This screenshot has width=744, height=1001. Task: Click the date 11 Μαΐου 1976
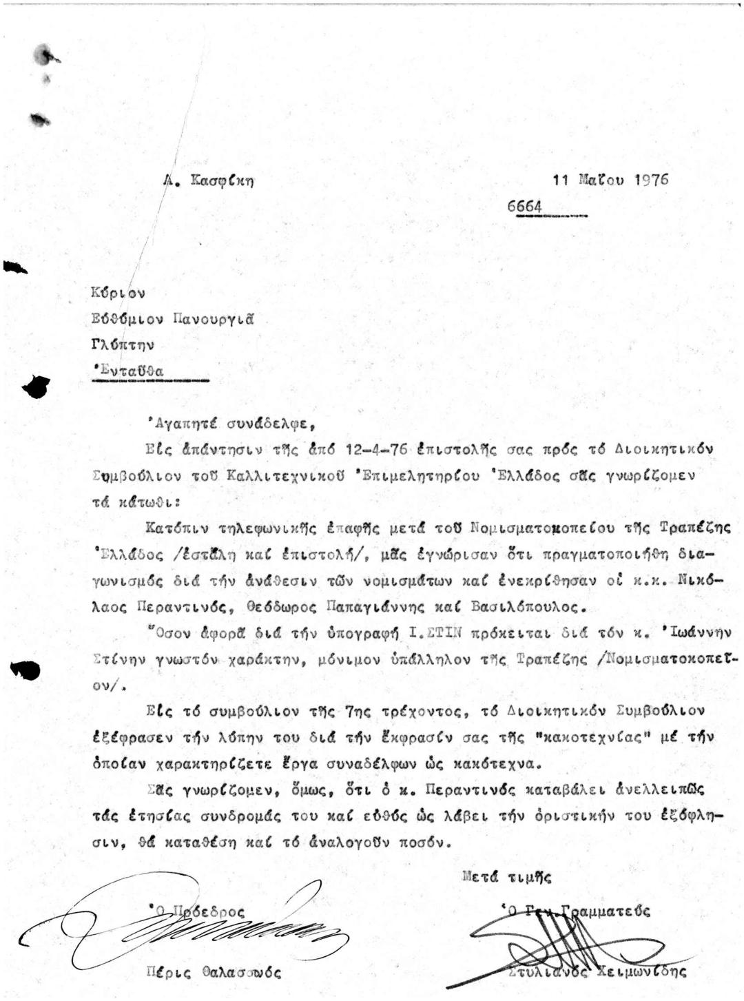610,180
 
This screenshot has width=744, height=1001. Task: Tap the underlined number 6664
524,207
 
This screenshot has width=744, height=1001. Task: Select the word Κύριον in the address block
118,292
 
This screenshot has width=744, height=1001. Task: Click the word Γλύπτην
123,344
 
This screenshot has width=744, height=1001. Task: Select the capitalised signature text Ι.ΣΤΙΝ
428,632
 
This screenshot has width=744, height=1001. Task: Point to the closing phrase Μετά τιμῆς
507,878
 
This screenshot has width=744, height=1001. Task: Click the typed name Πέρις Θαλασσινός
214,973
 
